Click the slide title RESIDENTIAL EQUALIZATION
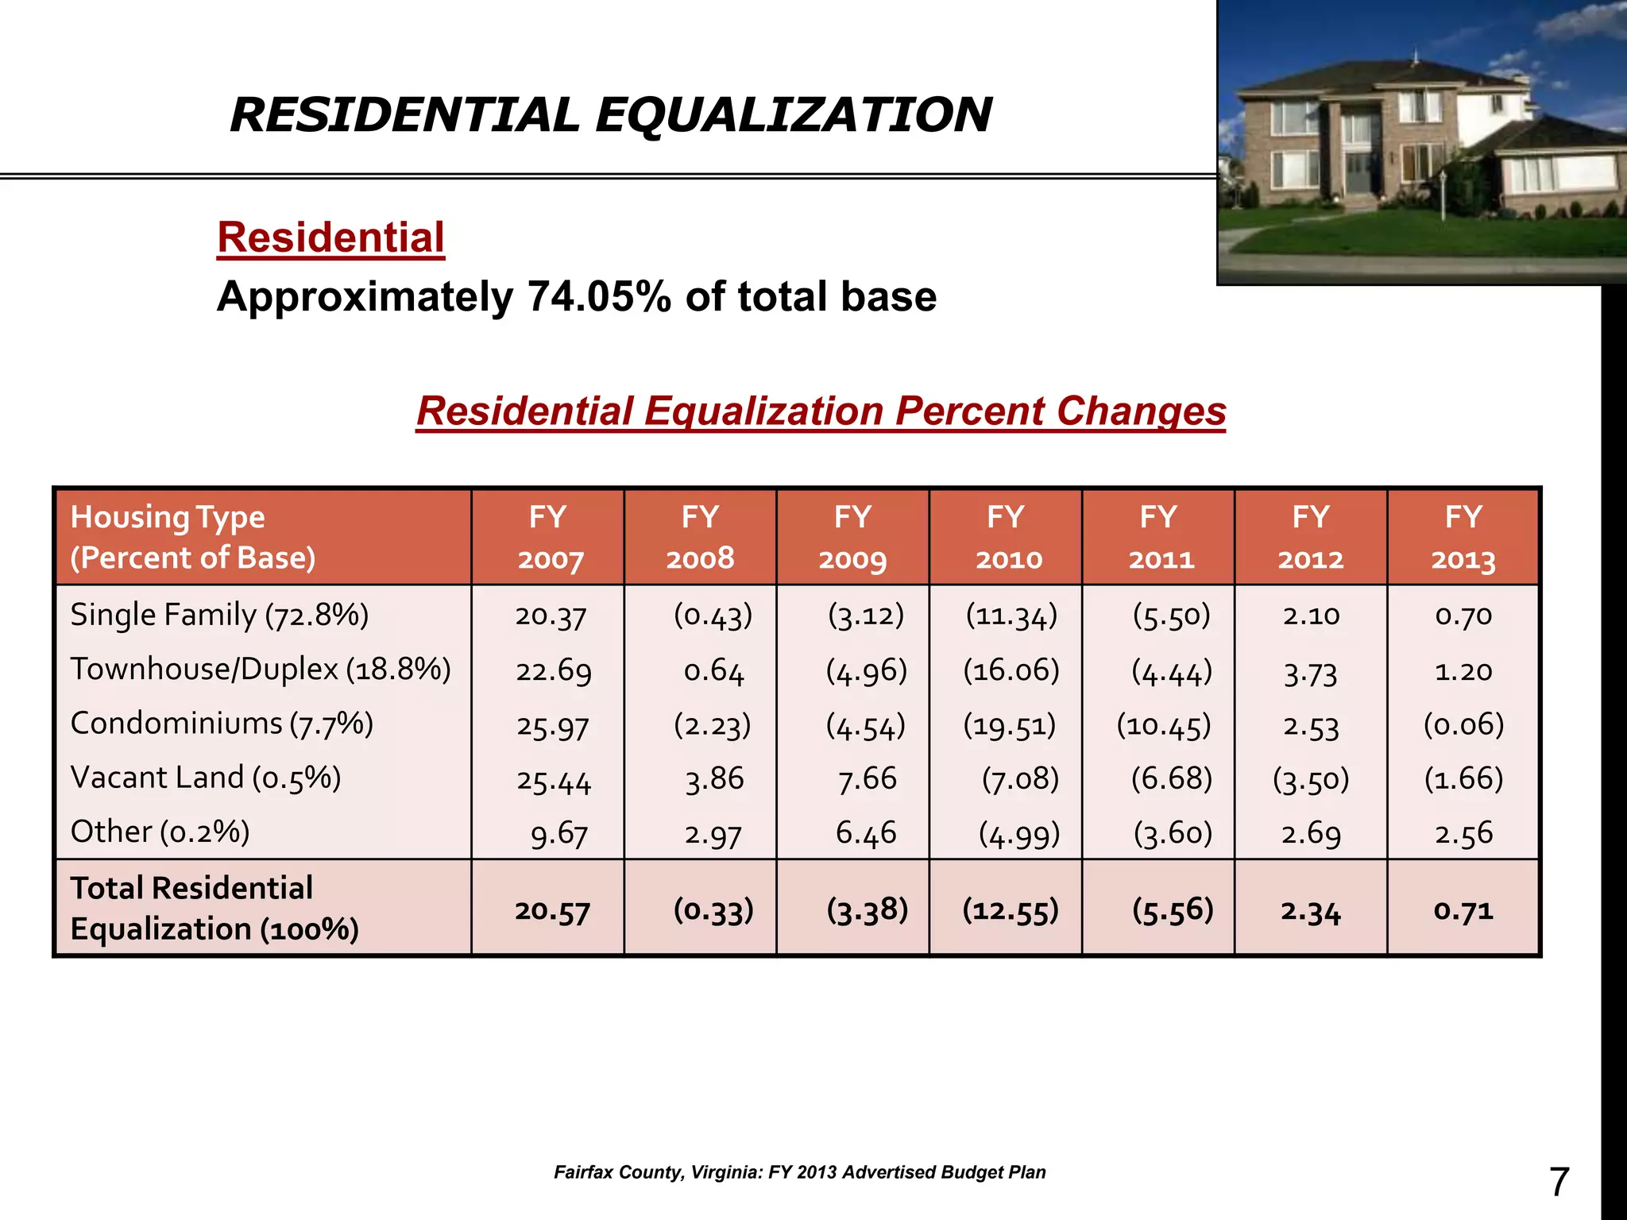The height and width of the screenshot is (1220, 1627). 610,114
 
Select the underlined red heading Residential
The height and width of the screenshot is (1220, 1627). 330,237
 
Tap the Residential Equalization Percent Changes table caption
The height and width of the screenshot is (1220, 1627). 821,411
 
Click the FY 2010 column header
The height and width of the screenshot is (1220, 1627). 1006,538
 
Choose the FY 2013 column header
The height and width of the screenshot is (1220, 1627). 1463,538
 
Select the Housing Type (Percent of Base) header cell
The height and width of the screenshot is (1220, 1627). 192,538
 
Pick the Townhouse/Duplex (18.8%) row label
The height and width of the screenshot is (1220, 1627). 261,670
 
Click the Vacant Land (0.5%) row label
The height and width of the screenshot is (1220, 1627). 206,778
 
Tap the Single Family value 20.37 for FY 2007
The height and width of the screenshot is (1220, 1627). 551,616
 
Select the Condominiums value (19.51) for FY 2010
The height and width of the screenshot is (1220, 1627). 1010,725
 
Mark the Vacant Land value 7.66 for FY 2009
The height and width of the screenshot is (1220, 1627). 867,779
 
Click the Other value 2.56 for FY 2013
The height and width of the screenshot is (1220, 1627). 1463,833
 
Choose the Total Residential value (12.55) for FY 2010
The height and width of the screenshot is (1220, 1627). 1011,909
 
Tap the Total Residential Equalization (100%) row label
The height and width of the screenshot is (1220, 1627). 214,909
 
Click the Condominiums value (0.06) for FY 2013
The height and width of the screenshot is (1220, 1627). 1463,724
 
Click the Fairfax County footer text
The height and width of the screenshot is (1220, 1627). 799,1172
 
